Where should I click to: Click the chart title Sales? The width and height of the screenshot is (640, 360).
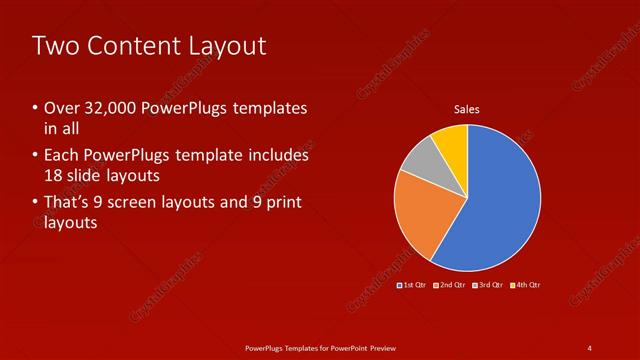467,109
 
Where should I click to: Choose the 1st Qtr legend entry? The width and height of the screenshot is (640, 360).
414,285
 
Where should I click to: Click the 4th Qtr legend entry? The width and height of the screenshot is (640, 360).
527,285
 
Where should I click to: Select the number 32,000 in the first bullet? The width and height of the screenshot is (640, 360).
105,108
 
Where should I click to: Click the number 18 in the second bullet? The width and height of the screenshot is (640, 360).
55,176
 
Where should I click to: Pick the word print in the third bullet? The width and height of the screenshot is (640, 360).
280,203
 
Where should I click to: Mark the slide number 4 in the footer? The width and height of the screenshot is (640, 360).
590,347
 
